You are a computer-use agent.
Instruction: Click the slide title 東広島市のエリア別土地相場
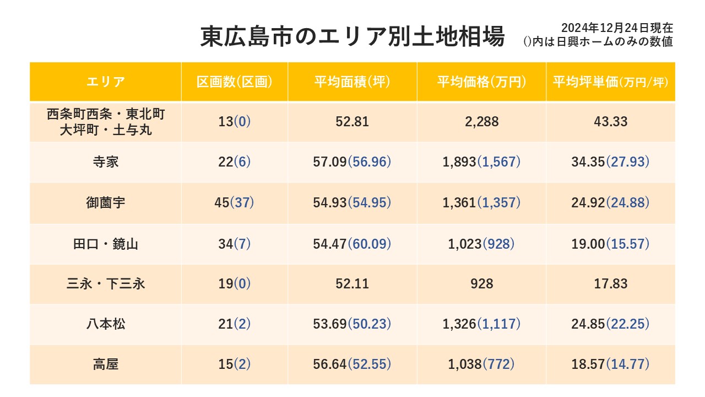352,37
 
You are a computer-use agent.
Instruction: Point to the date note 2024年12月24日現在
617,28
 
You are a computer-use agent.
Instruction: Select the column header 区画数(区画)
235,82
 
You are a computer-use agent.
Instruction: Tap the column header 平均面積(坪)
352,82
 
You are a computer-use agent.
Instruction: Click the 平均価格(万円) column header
481,82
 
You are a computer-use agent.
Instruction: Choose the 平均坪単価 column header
610,82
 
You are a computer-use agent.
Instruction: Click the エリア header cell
106,82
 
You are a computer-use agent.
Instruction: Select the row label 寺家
106,162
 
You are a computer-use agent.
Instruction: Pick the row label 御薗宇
106,203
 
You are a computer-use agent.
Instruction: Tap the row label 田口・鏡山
106,244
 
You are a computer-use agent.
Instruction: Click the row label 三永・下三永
106,284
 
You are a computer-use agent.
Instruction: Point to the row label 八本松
106,324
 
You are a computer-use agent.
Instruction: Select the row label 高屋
106,364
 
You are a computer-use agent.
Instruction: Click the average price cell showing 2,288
481,122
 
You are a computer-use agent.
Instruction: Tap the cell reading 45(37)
234,203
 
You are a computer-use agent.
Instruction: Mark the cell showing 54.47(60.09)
352,244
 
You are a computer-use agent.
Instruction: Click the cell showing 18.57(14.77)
610,364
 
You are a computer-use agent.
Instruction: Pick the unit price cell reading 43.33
610,122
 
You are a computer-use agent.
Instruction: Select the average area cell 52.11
352,284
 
